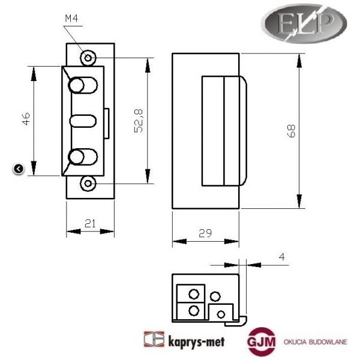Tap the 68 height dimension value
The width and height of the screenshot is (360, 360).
(x=291, y=132)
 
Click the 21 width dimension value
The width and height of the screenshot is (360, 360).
(x=90, y=223)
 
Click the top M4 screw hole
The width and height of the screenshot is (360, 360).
(x=89, y=58)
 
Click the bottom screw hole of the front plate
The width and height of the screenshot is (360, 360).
(x=89, y=183)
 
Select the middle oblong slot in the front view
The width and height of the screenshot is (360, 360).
(x=83, y=121)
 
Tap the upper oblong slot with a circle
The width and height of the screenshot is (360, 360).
(x=82, y=85)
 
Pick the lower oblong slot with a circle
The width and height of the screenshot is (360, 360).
(x=82, y=157)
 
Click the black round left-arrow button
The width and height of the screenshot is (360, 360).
(x=18, y=169)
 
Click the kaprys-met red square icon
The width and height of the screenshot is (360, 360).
(x=154, y=340)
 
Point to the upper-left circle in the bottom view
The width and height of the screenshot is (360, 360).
(x=193, y=294)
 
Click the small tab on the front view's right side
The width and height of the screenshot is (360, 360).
(x=106, y=122)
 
